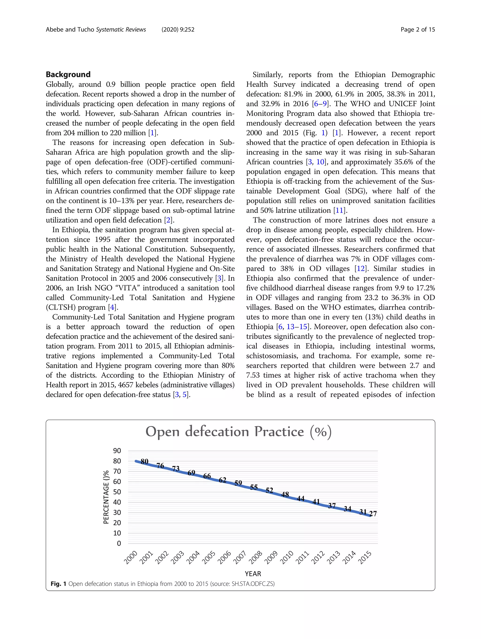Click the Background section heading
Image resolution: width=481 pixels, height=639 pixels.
(68, 74)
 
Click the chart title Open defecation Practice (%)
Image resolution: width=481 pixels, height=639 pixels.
(238, 432)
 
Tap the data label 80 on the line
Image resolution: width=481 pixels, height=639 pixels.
(144, 462)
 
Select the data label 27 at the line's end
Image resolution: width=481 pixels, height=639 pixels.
(373, 514)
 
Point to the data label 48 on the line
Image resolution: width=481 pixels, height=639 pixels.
(285, 495)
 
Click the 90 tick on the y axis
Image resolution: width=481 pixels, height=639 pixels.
(117, 451)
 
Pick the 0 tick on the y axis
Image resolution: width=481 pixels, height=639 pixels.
(119, 544)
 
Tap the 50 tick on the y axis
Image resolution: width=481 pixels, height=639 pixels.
(117, 492)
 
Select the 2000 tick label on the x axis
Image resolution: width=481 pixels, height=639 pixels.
(131, 558)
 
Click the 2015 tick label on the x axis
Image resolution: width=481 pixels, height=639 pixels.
(365, 558)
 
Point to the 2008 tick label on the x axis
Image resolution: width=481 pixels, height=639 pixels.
(256, 558)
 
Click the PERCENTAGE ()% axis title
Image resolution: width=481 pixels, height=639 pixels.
(106, 497)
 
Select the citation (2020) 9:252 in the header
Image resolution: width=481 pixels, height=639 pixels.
(178, 29)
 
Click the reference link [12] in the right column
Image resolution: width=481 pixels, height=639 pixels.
(361, 269)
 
